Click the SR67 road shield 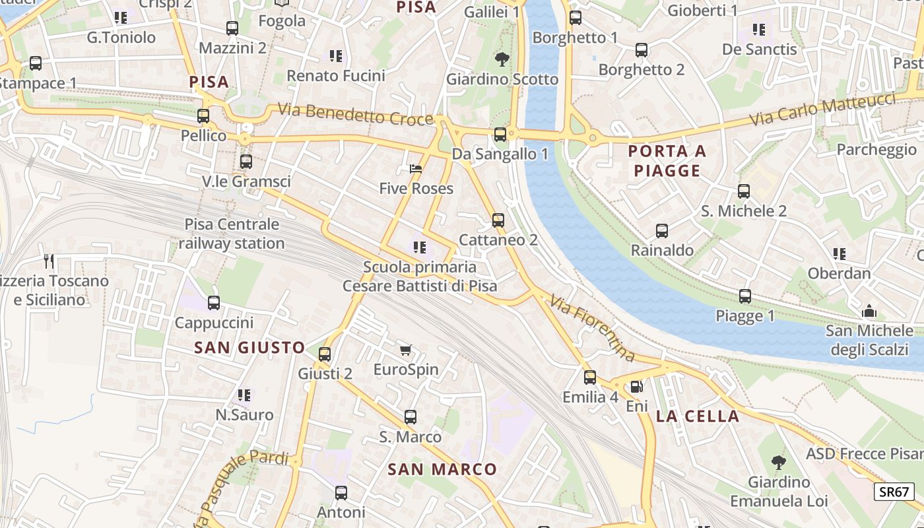895,492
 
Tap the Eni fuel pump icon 636,387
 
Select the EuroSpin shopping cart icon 405,350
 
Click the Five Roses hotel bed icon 416,169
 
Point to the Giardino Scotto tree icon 502,59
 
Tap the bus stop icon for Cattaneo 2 498,220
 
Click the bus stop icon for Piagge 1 745,296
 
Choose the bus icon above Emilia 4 590,378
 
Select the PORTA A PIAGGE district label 667,161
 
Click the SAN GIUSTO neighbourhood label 250,347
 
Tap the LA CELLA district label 698,416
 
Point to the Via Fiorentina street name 592,328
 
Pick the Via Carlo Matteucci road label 823,111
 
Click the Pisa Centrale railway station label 232,234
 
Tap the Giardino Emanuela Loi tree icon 779,462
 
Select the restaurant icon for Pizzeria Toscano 49,261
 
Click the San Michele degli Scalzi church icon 870,311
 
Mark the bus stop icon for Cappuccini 214,304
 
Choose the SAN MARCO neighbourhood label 442,469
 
